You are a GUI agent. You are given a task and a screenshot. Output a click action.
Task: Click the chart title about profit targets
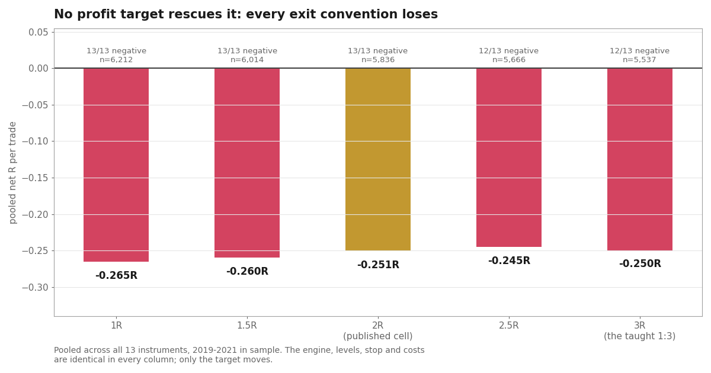[246, 14]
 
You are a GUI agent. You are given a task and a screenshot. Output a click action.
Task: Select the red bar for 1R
[116, 165]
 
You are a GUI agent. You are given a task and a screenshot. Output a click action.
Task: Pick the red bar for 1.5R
[247, 163]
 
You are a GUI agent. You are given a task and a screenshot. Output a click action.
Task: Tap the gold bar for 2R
[378, 159]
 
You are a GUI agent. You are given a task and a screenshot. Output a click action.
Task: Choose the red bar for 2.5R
[509, 157]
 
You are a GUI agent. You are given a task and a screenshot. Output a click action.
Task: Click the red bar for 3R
[640, 159]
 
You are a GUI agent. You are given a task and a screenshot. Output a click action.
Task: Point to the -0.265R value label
[116, 275]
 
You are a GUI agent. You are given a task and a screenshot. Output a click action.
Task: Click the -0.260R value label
[247, 271]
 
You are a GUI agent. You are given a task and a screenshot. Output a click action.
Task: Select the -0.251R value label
[378, 265]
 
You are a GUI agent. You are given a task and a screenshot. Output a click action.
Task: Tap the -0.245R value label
[509, 261]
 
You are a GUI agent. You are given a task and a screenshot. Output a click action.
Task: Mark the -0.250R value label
[640, 263]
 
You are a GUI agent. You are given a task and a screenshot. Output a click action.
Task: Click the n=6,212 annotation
[116, 60]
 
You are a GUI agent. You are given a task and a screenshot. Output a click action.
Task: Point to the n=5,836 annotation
[378, 60]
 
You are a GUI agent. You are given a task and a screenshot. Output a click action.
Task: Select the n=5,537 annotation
[639, 60]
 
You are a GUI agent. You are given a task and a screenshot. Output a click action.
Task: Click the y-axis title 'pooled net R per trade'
[12, 173]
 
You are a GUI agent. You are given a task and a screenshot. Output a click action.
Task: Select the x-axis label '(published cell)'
[378, 336]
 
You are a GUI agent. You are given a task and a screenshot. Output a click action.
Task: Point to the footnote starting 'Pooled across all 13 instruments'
[239, 355]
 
